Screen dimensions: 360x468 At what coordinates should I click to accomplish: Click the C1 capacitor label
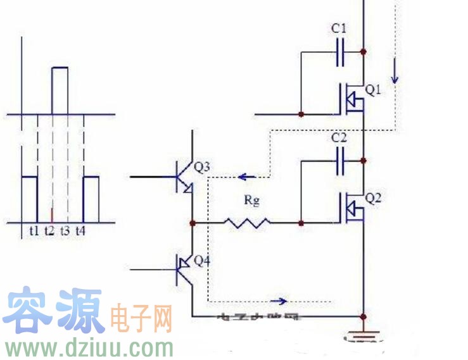click(339, 29)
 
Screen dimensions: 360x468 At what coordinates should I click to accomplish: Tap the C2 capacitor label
click(339, 137)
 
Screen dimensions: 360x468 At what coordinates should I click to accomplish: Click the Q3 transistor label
click(202, 168)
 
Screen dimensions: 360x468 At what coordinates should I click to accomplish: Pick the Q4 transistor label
click(202, 261)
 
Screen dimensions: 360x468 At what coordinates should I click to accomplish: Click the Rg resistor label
click(253, 201)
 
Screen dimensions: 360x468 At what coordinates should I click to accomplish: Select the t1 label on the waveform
click(34, 232)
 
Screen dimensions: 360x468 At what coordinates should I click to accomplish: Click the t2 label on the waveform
click(49, 232)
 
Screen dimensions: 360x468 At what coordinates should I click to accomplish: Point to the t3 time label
click(65, 232)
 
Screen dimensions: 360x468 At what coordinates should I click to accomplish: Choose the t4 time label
click(80, 232)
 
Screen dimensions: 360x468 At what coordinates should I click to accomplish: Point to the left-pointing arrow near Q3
click(247, 178)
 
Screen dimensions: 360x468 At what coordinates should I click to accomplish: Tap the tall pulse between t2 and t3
click(60, 89)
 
